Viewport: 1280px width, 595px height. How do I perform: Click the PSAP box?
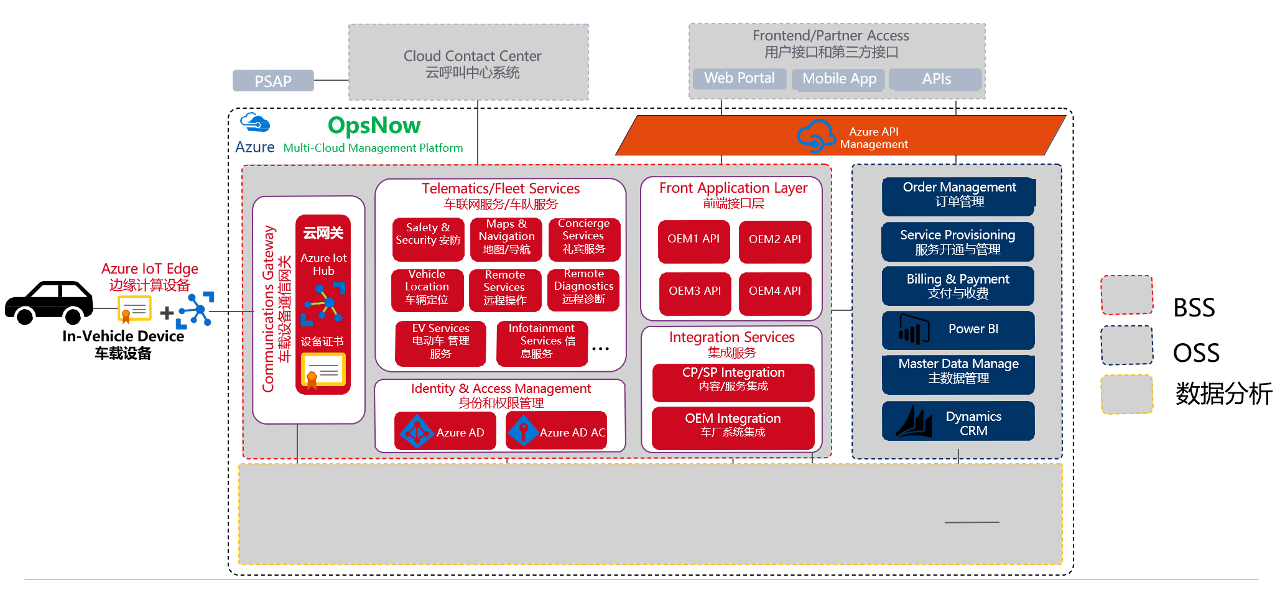click(x=273, y=81)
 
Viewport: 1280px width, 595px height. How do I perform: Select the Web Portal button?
click(x=740, y=78)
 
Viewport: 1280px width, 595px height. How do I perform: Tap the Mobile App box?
click(x=839, y=79)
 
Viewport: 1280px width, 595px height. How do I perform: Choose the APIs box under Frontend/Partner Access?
click(x=936, y=79)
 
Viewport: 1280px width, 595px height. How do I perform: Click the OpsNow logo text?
click(x=374, y=126)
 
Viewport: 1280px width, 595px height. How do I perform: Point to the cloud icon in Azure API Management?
click(x=815, y=136)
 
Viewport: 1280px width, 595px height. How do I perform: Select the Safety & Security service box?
click(x=428, y=239)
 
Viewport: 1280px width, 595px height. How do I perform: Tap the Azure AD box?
click(x=445, y=431)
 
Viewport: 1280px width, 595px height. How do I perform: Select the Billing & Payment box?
click(x=958, y=286)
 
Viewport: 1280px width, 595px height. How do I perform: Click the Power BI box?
click(x=958, y=330)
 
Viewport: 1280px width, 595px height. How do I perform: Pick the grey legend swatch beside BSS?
click(x=1126, y=295)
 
